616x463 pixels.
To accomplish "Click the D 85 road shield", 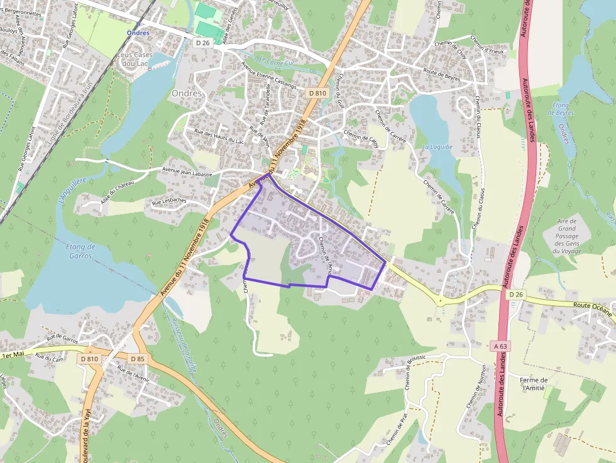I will tap(138, 358).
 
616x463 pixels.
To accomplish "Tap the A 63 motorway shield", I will tap(500, 346).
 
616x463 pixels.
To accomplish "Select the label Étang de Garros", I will tap(80, 251).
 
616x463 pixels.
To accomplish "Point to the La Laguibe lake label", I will tap(437, 147).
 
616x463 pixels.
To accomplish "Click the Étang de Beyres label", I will tap(560, 109).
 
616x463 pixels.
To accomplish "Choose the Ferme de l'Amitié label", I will tap(535, 384).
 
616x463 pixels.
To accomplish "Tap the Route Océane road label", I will tap(591, 305).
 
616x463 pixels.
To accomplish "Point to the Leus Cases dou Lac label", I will tap(135, 59).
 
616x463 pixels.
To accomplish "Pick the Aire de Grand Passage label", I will tap(566, 236).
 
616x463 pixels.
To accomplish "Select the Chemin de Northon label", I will tap(476, 386).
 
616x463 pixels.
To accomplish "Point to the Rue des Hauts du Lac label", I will tap(219, 136).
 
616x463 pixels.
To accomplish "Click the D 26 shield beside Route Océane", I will tap(516, 294).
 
